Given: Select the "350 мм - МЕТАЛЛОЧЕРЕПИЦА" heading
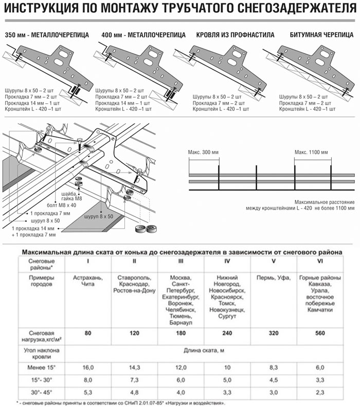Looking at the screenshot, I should coord(47,35).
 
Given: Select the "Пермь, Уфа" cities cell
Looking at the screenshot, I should coord(273,277).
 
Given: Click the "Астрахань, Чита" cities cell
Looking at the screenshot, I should coord(88,281).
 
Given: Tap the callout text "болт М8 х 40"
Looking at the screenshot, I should coord(71,204).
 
